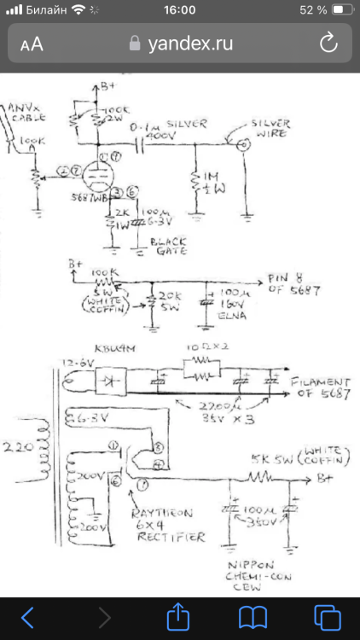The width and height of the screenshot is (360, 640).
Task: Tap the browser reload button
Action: [x=328, y=44]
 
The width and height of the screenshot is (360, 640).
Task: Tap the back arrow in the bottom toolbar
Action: [x=28, y=615]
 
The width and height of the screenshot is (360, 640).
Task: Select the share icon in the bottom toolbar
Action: [x=180, y=615]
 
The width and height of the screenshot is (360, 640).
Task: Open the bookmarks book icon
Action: [x=253, y=615]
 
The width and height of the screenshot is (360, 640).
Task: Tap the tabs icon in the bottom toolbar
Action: [x=327, y=615]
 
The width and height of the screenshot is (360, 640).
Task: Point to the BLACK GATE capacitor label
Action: [x=170, y=246]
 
